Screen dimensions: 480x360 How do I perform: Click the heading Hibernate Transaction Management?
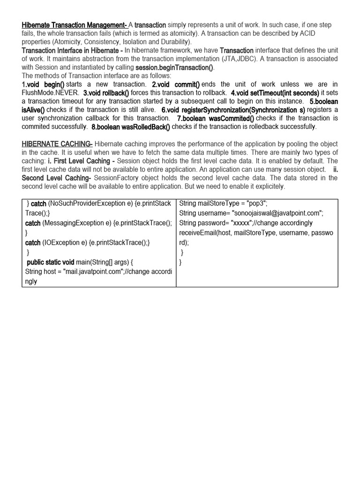(x=74, y=25)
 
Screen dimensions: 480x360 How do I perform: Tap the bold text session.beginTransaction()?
(x=174, y=67)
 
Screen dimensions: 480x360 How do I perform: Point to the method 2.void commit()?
(x=176, y=84)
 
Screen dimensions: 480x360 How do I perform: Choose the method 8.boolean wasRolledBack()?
(x=131, y=127)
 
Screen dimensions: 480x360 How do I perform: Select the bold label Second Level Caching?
(x=56, y=178)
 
